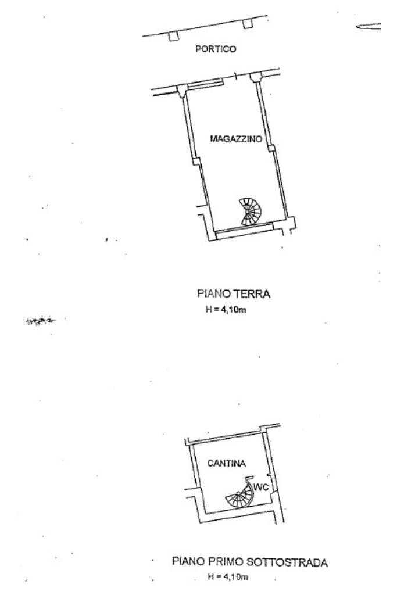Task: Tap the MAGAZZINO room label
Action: (x=234, y=139)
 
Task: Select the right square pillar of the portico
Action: (x=248, y=24)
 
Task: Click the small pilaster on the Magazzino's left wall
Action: (x=196, y=161)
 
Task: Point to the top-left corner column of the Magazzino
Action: (x=182, y=89)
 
